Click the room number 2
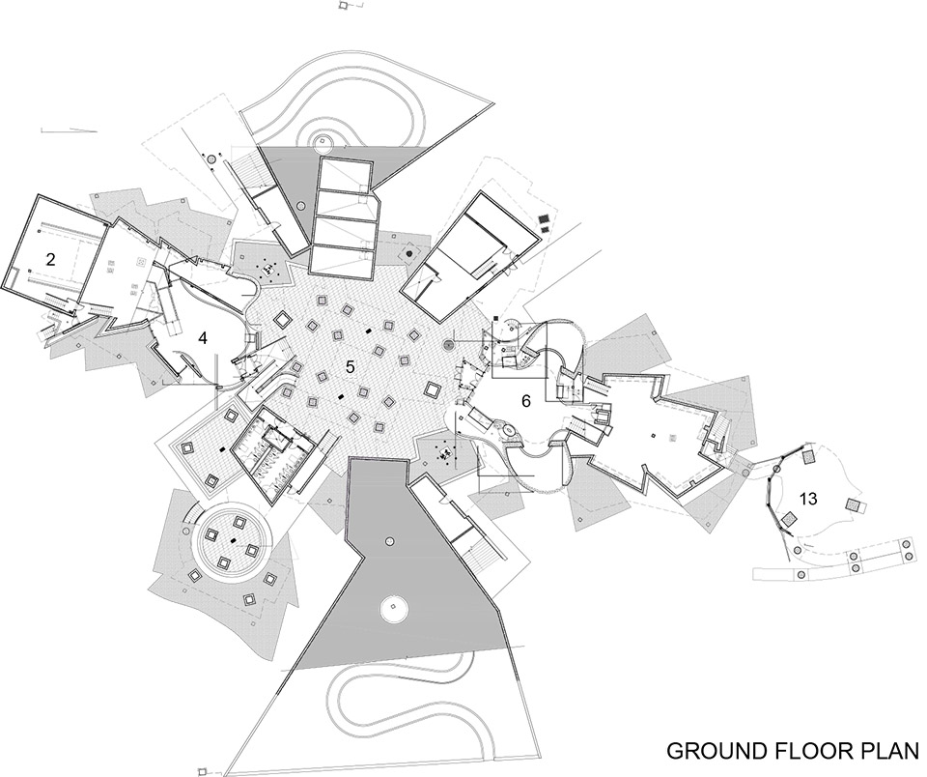(x=51, y=259)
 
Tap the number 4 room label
(x=203, y=338)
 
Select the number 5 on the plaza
(x=350, y=367)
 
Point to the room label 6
(x=525, y=401)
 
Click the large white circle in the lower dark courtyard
(x=393, y=608)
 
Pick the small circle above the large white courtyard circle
(x=389, y=541)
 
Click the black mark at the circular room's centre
(x=234, y=539)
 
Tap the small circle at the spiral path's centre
(x=323, y=141)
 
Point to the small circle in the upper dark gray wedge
(x=301, y=206)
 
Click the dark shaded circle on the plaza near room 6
(x=449, y=344)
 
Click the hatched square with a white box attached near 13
(x=855, y=505)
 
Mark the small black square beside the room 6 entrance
(x=494, y=320)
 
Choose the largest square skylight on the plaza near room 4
(x=282, y=319)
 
